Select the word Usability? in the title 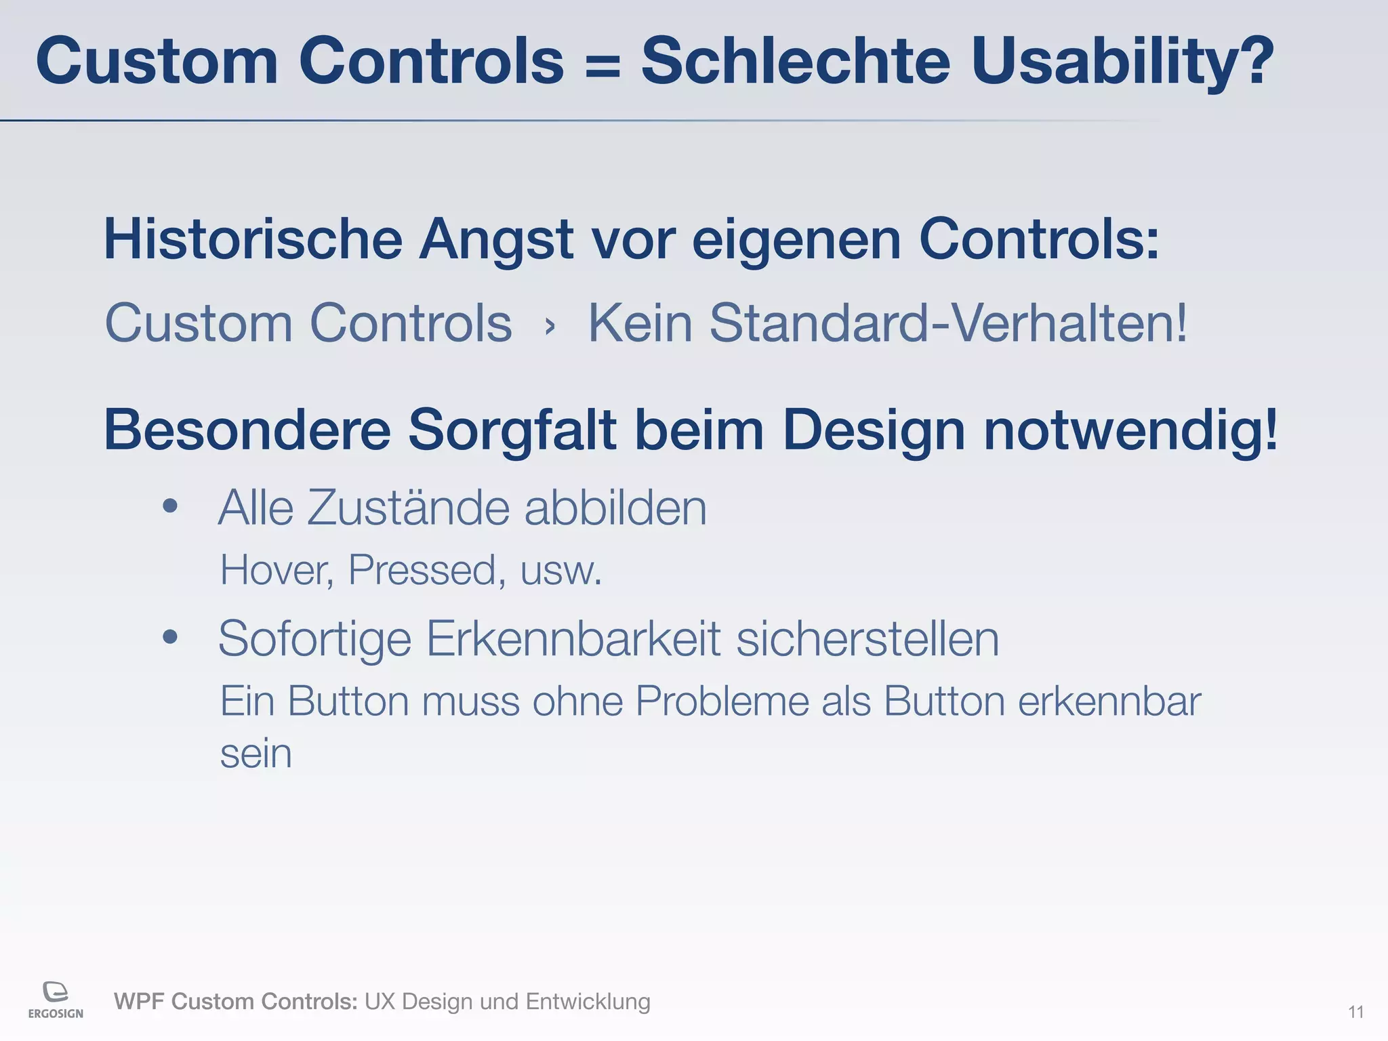click(x=1122, y=62)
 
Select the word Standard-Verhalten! click(x=948, y=323)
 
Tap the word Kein click(x=640, y=323)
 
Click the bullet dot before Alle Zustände click(x=170, y=506)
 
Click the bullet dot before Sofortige click(x=170, y=636)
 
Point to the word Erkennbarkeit click(x=573, y=638)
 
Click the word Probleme click(x=721, y=701)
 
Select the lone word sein click(x=256, y=754)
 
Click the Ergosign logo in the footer click(x=56, y=1000)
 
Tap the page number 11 click(x=1355, y=1013)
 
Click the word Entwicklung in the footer click(x=588, y=1001)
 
